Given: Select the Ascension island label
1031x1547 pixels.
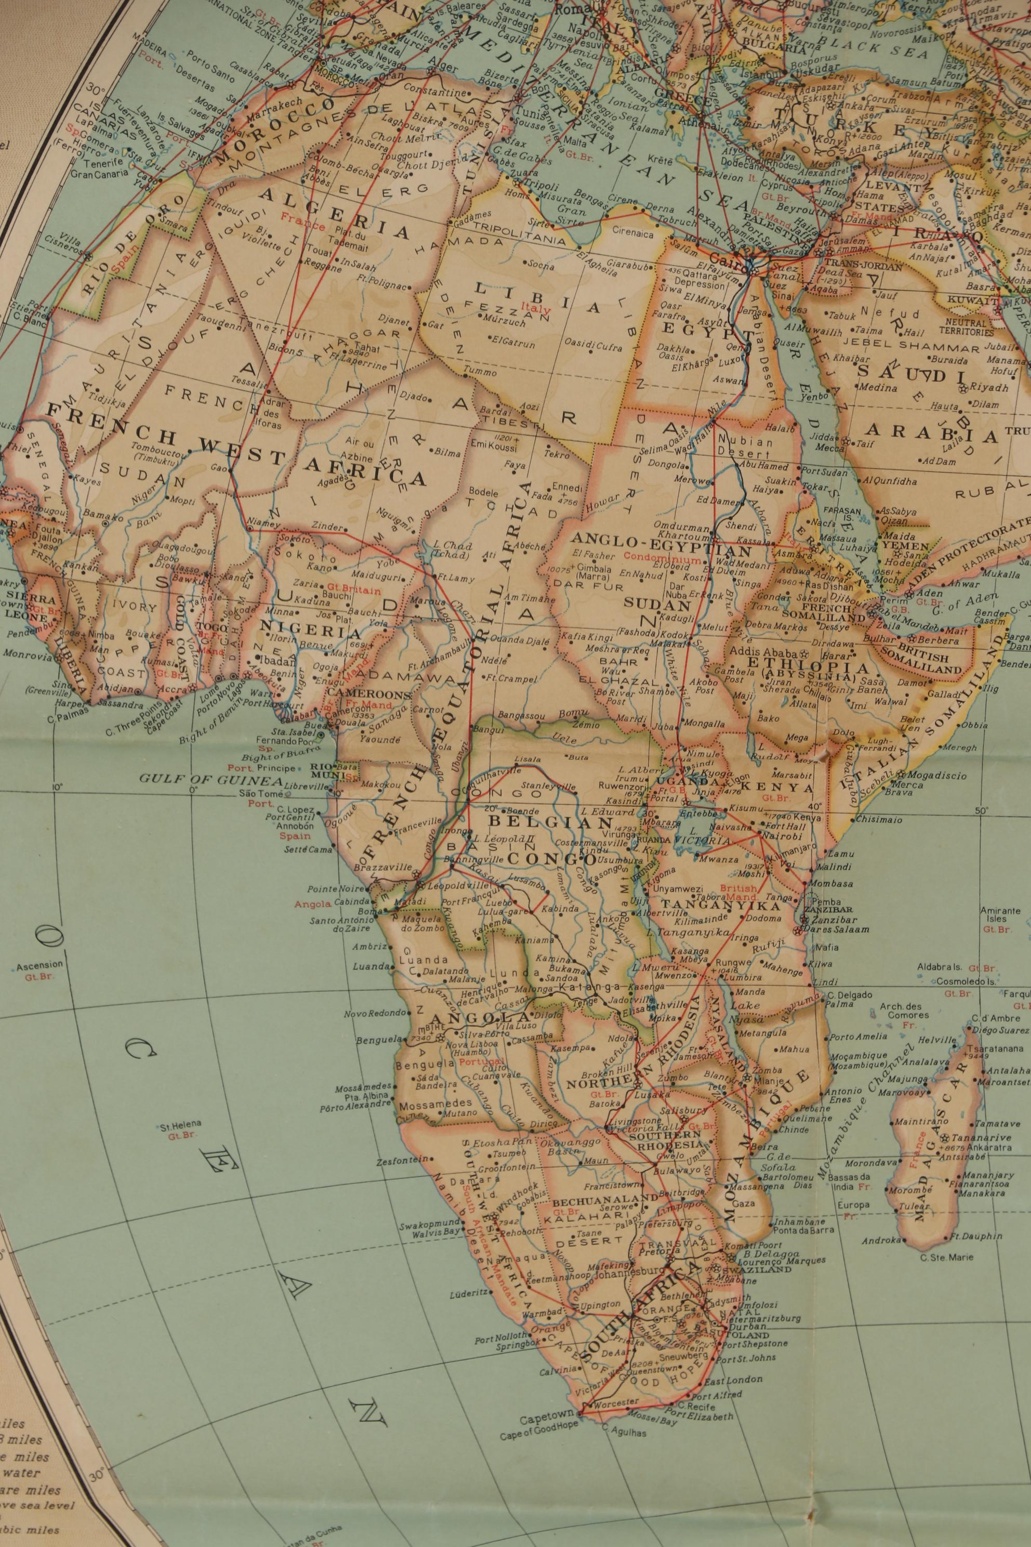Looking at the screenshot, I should click(39, 965).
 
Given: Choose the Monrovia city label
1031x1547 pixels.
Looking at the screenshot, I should click(24, 654).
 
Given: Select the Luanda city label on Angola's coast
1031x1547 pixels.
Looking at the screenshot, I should click(372, 966).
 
